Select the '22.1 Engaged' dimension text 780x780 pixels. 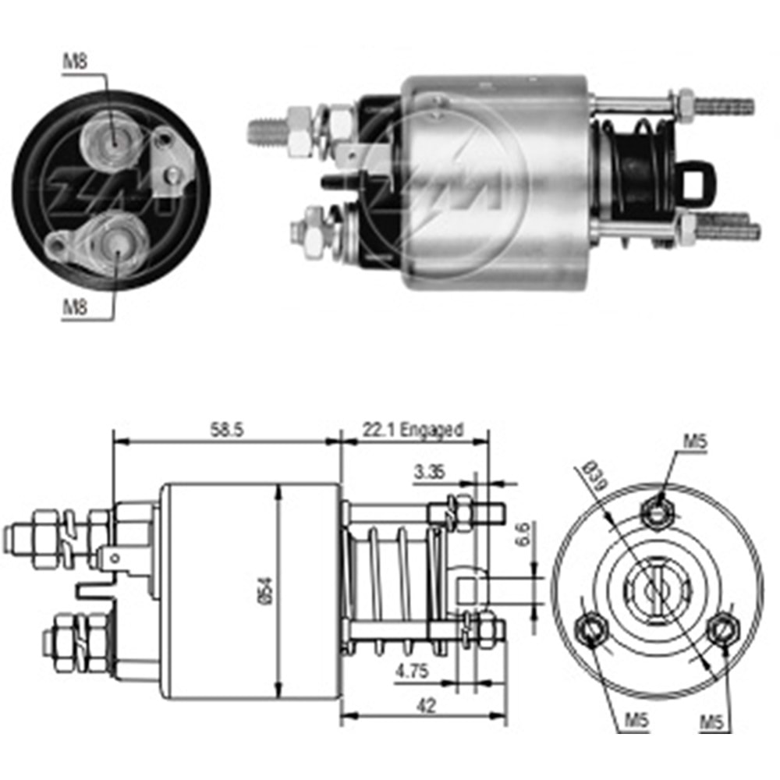pos(413,429)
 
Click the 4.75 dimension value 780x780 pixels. pos(411,668)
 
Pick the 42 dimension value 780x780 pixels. pos(426,706)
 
